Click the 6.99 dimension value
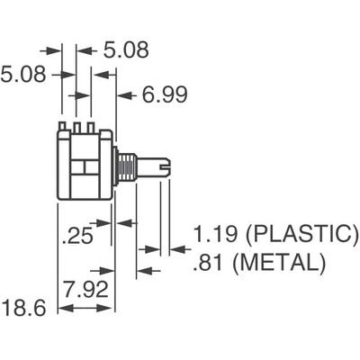(x=159, y=94)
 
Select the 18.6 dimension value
(x=22, y=309)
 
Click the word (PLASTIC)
(x=302, y=236)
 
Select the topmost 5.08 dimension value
(x=125, y=50)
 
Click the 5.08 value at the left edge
(x=24, y=74)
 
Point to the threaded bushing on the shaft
(x=127, y=166)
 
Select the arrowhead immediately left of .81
(x=153, y=270)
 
